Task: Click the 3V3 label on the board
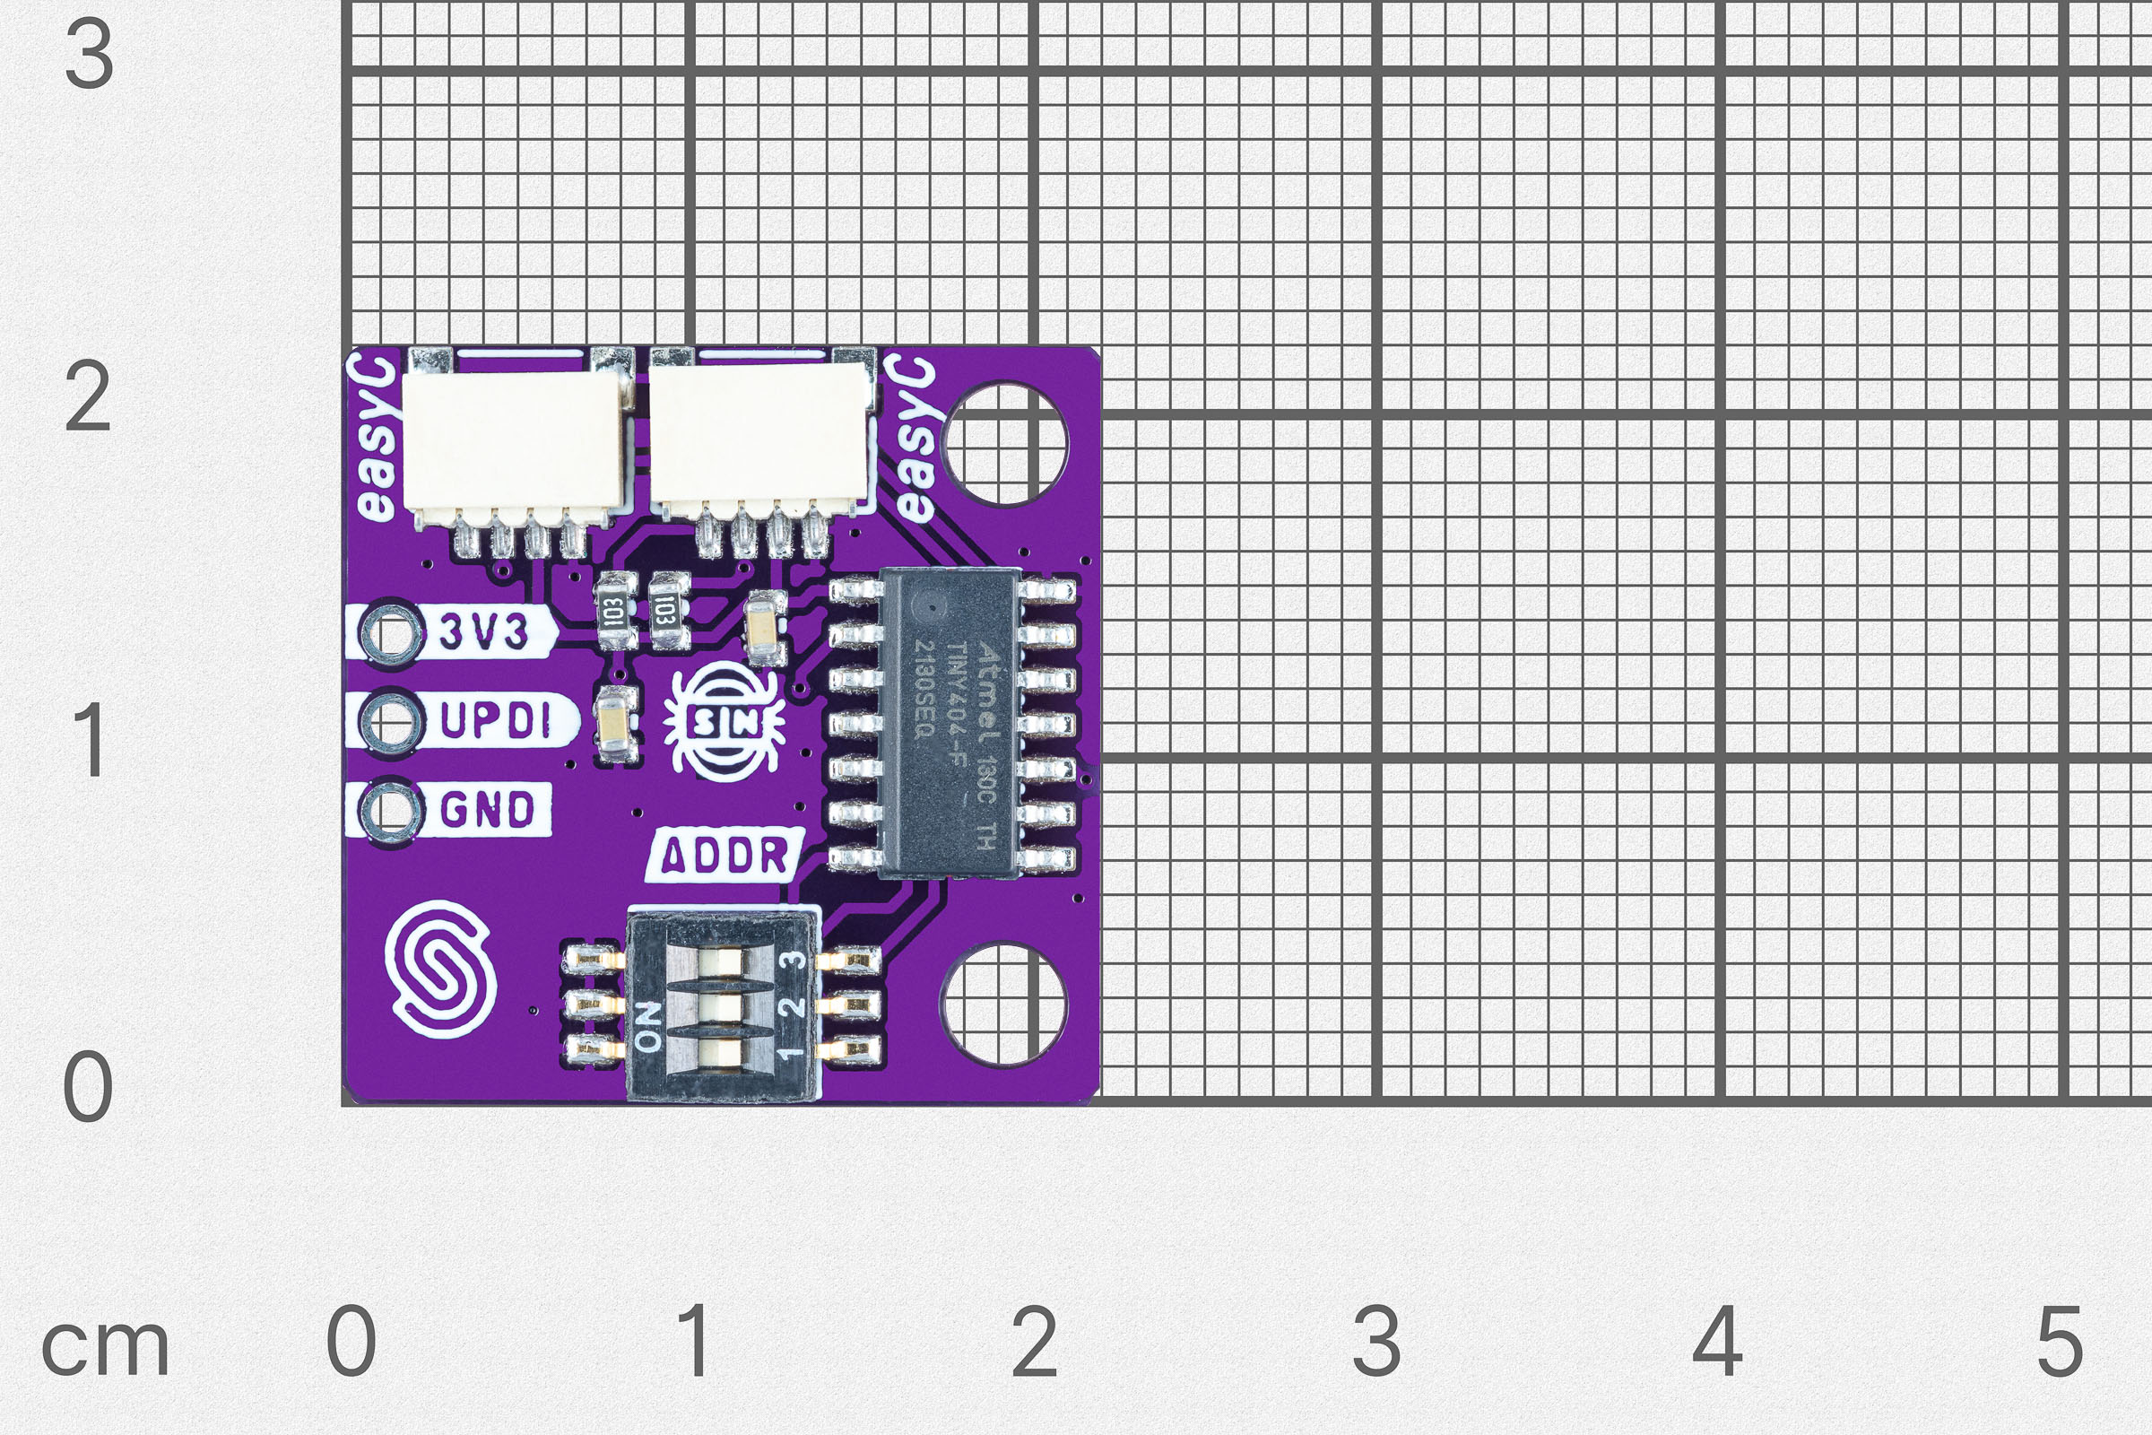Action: pos(484,631)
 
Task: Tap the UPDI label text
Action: pos(497,720)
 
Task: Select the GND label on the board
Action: pos(487,809)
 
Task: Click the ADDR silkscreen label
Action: pos(724,855)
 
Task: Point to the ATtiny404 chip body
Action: pos(952,723)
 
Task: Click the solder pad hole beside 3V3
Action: pos(391,631)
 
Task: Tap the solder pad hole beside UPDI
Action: pos(391,721)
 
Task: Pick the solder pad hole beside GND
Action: pos(391,810)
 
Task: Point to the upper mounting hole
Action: pos(1004,444)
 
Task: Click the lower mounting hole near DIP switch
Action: pos(1003,1004)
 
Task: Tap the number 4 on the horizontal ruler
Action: pos(1717,1341)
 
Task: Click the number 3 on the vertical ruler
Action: pos(89,55)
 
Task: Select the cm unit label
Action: pos(105,1347)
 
